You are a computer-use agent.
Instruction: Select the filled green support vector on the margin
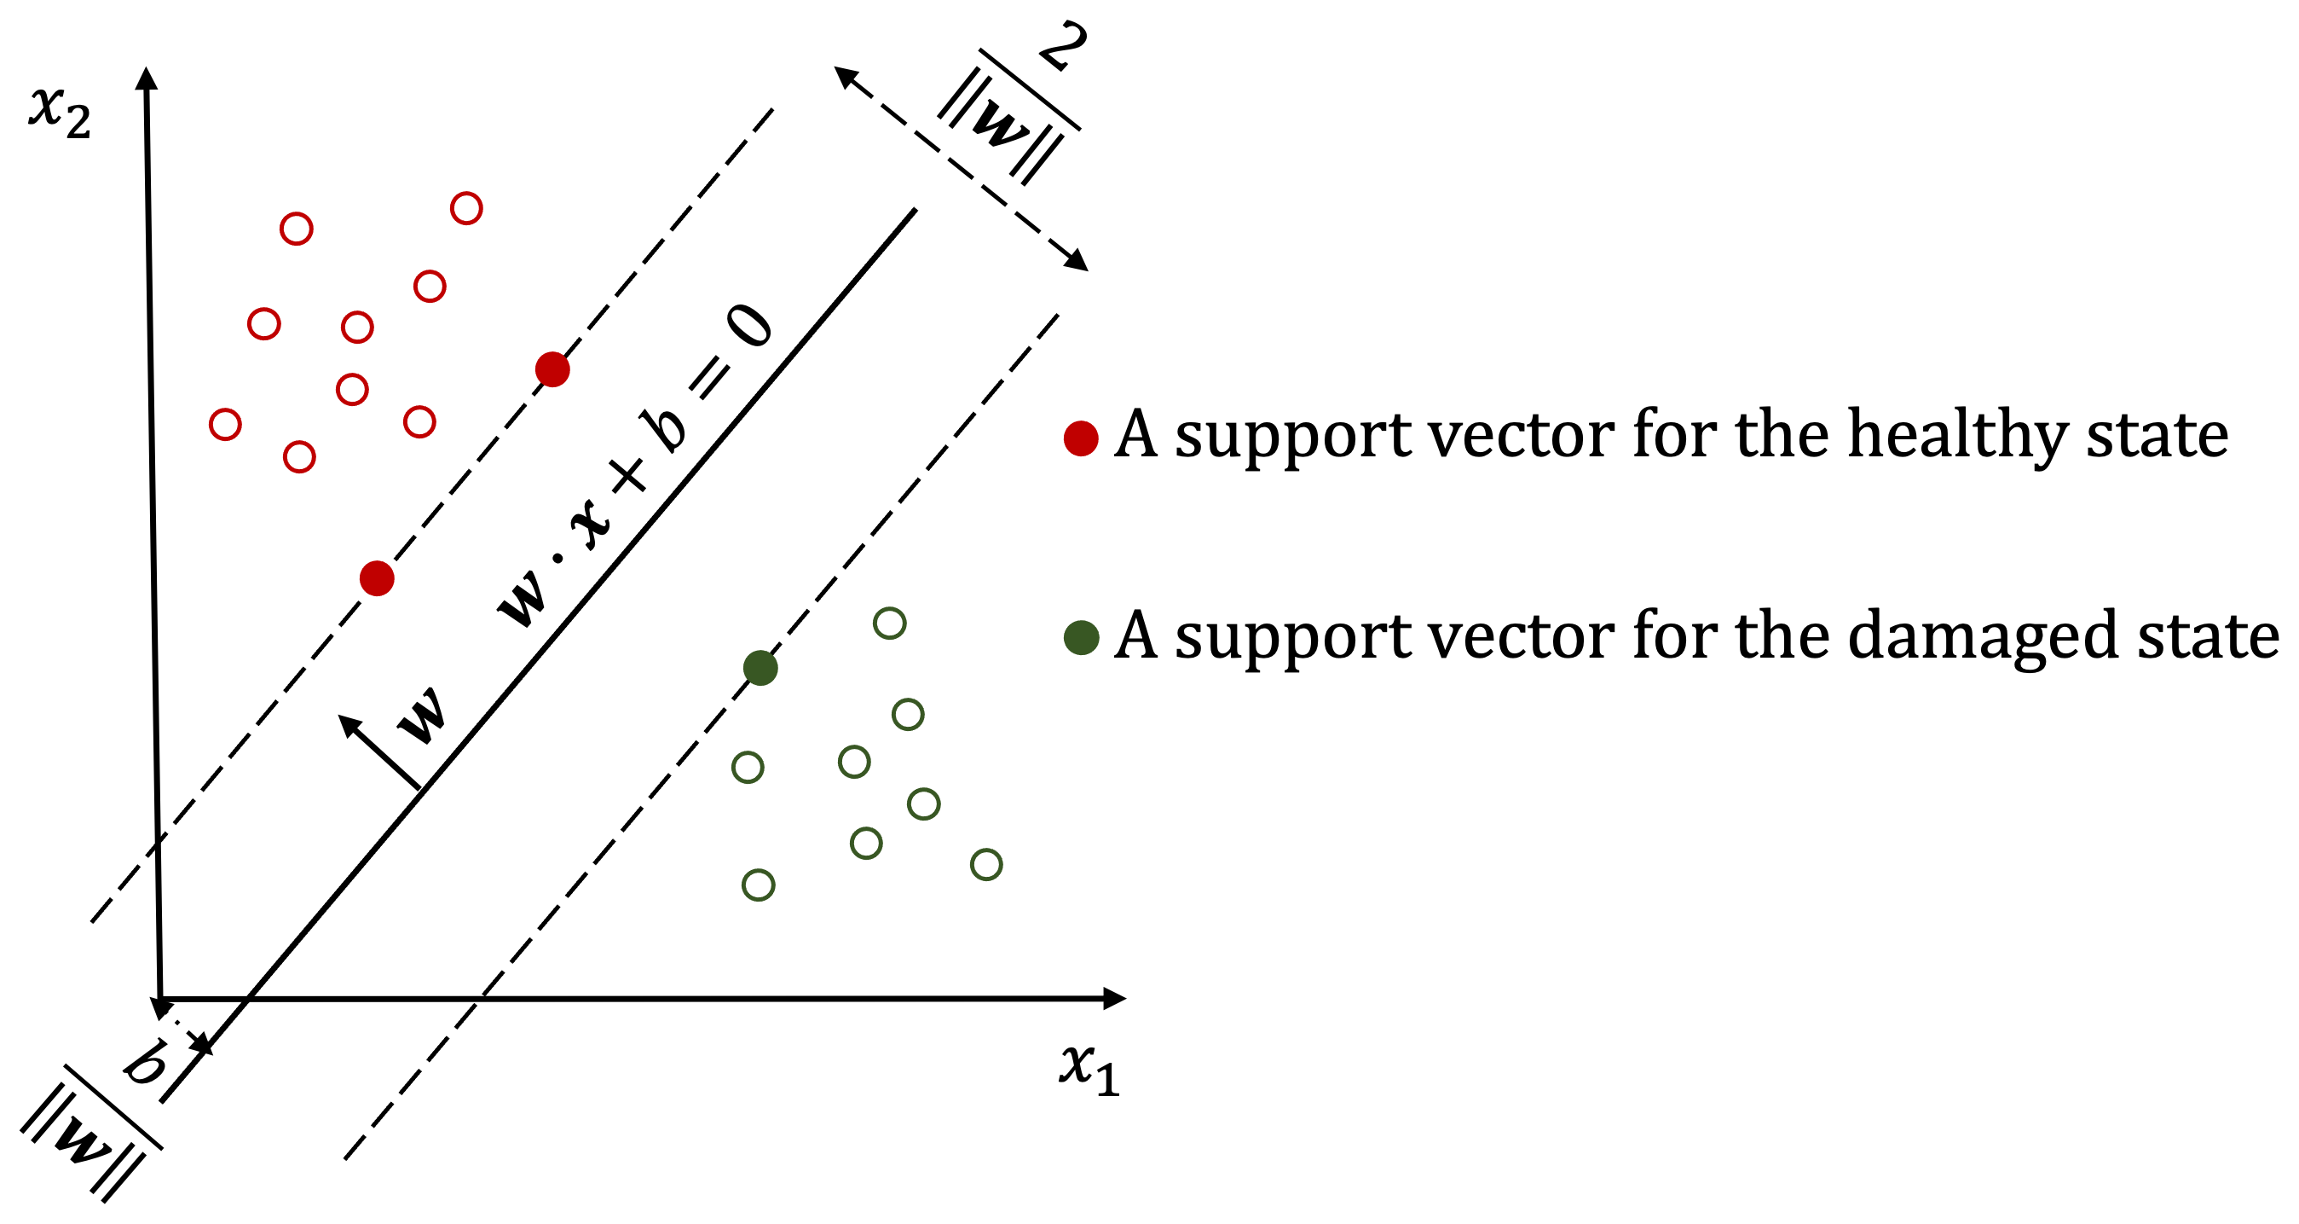[x=760, y=668]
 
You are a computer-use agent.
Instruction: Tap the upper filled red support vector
[x=552, y=368]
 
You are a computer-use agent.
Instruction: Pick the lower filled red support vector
[x=377, y=578]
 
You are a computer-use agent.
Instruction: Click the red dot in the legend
[x=1081, y=438]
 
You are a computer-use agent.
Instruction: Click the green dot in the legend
[x=1081, y=637]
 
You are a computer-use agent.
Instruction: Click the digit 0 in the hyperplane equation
[x=748, y=326]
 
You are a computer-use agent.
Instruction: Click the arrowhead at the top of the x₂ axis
[x=147, y=78]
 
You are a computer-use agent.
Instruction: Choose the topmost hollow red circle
[x=467, y=208]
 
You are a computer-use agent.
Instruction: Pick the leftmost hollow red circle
[x=225, y=424]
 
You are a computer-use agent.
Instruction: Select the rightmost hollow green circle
[x=986, y=864]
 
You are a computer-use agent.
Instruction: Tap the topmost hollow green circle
[x=890, y=624]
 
